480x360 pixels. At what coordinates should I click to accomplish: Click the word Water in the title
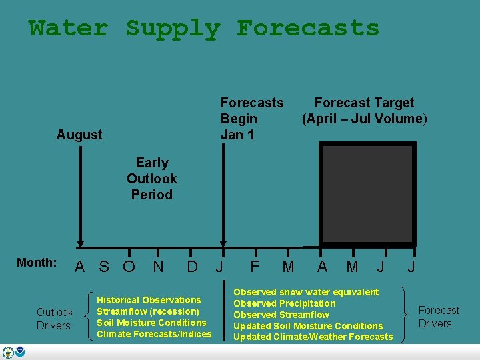coord(68,29)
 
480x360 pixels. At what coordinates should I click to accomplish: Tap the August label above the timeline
coord(79,135)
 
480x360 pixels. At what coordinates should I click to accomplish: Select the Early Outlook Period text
coord(152,179)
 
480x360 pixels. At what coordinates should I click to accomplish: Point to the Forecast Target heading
coord(364,103)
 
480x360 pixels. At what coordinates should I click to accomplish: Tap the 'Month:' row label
coord(37,263)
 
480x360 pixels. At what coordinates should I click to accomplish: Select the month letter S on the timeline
coord(104,267)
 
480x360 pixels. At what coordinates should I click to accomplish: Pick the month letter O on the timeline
coord(129,267)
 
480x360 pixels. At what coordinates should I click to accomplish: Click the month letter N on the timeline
coord(159,267)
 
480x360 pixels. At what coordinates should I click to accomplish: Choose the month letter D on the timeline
coord(192,267)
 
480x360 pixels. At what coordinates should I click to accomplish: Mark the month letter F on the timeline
coord(255,267)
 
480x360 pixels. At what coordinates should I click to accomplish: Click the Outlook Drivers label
coord(55,319)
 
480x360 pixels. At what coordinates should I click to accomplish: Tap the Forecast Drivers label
coord(438,317)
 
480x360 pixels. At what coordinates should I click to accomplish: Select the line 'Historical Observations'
coord(149,300)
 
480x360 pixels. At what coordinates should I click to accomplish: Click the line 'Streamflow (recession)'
coord(148,311)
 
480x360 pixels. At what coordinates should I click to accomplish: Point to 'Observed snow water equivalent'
coord(305,292)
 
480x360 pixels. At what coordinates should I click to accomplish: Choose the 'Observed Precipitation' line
coord(284,303)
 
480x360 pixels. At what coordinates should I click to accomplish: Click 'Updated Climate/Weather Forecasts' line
coord(313,337)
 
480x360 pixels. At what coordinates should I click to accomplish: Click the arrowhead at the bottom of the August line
coord(80,244)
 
